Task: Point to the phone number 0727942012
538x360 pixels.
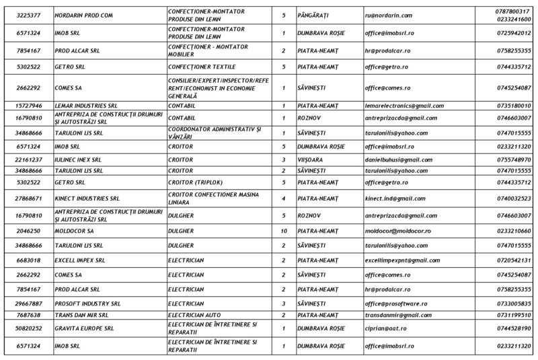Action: (513, 32)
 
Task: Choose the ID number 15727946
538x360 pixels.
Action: (27, 105)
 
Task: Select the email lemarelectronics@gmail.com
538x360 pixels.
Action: (404, 105)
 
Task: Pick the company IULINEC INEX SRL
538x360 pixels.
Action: (80, 159)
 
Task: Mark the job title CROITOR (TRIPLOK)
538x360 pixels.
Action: (195, 182)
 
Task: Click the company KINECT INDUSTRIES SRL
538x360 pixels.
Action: (87, 199)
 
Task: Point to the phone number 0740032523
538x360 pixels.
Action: (513, 199)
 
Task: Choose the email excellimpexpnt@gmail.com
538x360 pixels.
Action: (403, 260)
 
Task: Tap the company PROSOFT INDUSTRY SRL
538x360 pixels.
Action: (87, 303)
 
